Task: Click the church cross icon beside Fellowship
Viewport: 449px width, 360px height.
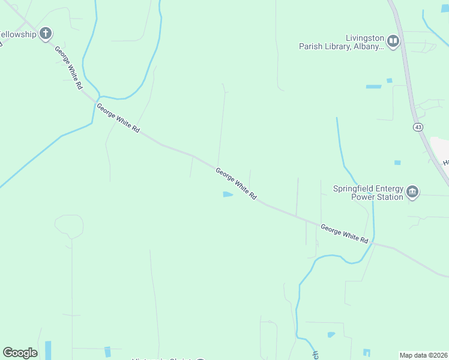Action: (45, 34)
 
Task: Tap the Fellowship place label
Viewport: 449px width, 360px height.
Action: (18, 34)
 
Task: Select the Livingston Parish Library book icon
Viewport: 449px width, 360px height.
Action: (393, 41)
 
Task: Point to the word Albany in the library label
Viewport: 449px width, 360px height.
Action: (366, 46)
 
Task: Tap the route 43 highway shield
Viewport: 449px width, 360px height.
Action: (417, 127)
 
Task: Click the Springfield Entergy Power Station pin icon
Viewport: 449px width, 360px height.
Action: (412, 192)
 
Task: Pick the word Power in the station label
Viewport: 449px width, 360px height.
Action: (363, 197)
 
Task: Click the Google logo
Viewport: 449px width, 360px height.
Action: (20, 353)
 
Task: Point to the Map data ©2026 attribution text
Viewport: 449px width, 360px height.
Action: (423, 355)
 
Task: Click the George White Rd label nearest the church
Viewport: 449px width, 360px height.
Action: (68, 68)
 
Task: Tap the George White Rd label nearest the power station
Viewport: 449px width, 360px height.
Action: (344, 233)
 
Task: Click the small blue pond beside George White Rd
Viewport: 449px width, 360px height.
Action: (228, 194)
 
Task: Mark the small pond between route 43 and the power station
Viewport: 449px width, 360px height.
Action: (397, 162)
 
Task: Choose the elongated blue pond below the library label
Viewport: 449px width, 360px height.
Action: (373, 86)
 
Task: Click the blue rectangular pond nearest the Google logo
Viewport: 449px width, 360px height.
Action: (48, 350)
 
